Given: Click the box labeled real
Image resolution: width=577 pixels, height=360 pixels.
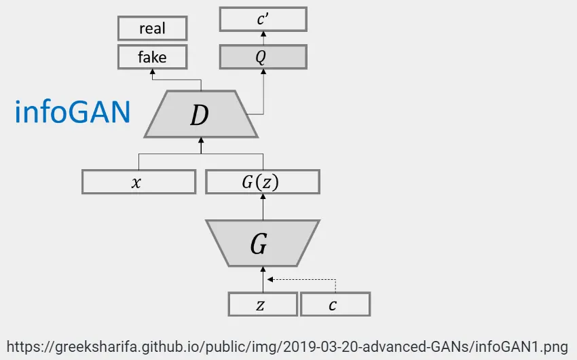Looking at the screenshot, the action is pyautogui.click(x=152, y=29).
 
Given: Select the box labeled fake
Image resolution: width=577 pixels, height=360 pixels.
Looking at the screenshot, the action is pyautogui.click(x=152, y=57).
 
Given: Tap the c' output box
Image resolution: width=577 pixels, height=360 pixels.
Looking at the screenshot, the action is pyautogui.click(x=263, y=19).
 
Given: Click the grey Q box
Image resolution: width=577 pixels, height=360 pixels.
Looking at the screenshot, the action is pyautogui.click(x=263, y=57).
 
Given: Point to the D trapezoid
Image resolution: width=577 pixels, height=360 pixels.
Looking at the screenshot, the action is pyautogui.click(x=200, y=115).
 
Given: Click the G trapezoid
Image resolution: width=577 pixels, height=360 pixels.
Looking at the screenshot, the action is pyautogui.click(x=262, y=243).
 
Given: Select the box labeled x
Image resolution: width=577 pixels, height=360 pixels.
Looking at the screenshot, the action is pyautogui.click(x=138, y=182).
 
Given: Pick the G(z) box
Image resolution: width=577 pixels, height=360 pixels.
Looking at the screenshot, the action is pyautogui.click(x=262, y=182).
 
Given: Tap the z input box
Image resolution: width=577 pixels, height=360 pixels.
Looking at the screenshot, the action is pyautogui.click(x=262, y=304).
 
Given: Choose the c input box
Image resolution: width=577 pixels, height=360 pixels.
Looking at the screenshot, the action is pyautogui.click(x=335, y=304).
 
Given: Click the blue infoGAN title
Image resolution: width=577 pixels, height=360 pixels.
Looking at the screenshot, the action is pyautogui.click(x=73, y=112).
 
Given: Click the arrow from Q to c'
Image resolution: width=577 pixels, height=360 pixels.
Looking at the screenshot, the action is pyautogui.click(x=263, y=38).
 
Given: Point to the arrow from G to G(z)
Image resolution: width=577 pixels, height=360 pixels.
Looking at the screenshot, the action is pyautogui.click(x=263, y=206).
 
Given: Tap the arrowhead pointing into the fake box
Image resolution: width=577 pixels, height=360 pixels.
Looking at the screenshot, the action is pyautogui.click(x=152, y=72).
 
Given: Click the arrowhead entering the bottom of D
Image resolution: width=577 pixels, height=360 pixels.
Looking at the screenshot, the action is pyautogui.click(x=201, y=141).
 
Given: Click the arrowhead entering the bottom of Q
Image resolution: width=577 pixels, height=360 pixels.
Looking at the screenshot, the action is pyautogui.click(x=263, y=71).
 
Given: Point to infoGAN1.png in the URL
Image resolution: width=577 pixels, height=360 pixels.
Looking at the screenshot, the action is pyautogui.click(x=522, y=345).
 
